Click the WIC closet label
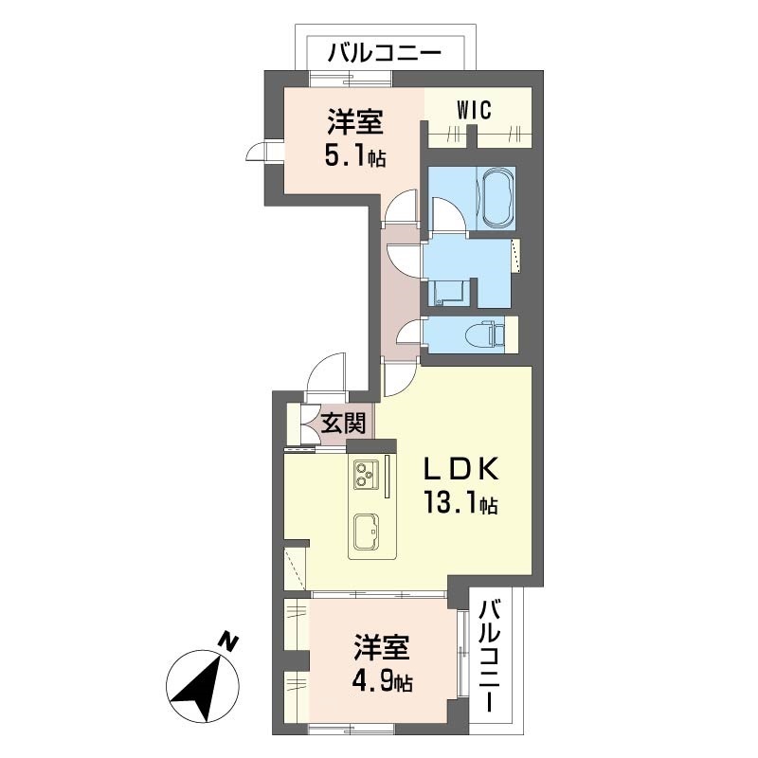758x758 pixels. tap(474, 110)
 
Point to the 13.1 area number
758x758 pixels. tap(459, 504)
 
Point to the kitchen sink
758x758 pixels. tap(366, 531)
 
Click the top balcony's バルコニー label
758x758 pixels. tap(384, 52)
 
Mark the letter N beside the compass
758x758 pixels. tap(227, 641)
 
